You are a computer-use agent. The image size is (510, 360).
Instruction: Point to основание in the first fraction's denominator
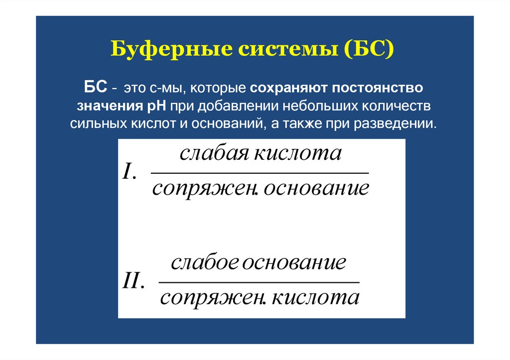tap(317, 189)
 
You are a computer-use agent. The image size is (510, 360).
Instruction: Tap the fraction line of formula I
tap(259, 173)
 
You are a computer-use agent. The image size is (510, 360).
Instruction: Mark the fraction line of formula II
tap(259, 282)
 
